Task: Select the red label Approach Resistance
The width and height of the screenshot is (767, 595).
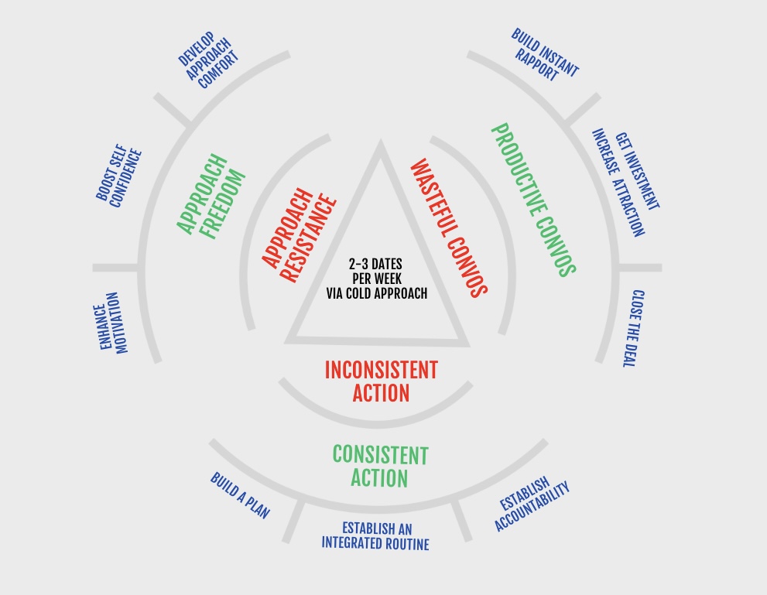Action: (299, 227)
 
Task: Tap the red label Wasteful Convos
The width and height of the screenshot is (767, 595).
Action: (448, 227)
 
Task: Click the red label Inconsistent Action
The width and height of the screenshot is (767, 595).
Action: (381, 381)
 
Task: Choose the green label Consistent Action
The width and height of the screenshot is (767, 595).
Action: (380, 466)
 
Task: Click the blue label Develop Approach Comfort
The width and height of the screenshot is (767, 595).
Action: (204, 60)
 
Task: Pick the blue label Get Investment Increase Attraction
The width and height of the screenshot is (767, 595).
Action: (627, 183)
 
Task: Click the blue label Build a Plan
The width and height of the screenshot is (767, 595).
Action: (240, 496)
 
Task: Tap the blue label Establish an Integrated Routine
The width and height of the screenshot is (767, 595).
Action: (375, 535)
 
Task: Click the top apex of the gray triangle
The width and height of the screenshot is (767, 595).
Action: (380, 144)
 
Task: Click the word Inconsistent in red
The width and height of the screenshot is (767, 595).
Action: (381, 370)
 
